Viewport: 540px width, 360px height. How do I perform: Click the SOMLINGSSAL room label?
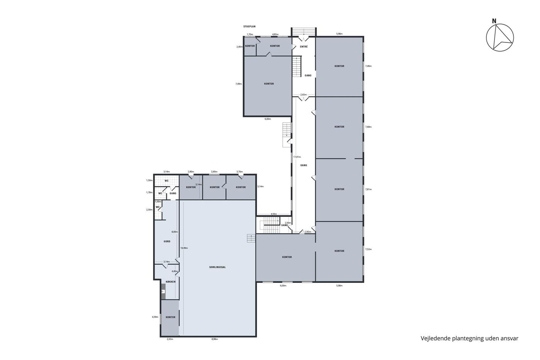(x=218, y=267)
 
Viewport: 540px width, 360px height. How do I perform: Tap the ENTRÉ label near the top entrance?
(x=304, y=47)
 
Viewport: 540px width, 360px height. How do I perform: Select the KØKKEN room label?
(x=170, y=282)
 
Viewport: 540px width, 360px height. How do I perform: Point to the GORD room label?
(x=167, y=242)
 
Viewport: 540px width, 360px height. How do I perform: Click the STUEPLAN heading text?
(x=249, y=27)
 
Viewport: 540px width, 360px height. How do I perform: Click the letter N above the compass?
(x=494, y=21)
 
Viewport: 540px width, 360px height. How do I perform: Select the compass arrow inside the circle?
(x=502, y=39)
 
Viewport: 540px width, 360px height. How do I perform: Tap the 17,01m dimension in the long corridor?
(x=297, y=157)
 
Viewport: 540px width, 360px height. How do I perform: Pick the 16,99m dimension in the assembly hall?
(x=184, y=248)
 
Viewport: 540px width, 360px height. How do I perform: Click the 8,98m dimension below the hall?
(x=214, y=339)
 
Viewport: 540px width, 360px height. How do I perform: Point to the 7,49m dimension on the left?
(x=239, y=84)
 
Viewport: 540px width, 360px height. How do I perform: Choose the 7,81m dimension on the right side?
(x=368, y=189)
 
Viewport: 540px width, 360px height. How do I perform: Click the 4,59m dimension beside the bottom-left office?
(x=155, y=317)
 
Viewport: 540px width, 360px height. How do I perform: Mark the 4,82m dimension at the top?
(x=275, y=34)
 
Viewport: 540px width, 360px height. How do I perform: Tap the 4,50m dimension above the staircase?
(x=274, y=214)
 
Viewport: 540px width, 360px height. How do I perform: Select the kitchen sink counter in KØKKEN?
(x=163, y=292)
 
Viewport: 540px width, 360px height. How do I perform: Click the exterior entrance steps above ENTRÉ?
(x=304, y=32)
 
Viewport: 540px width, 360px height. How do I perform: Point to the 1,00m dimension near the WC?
(x=158, y=201)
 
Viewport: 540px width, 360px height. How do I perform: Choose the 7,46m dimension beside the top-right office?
(x=368, y=66)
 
